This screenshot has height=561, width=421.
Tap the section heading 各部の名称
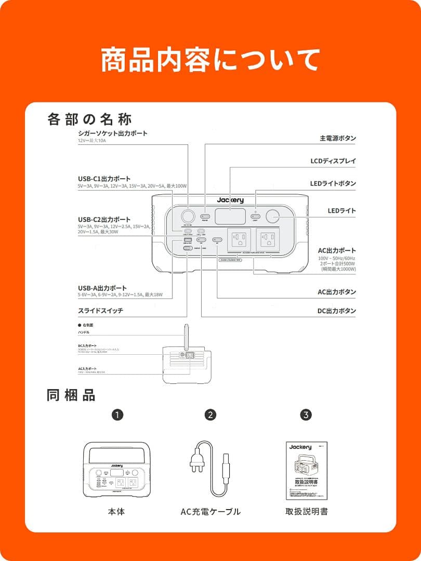[x=89, y=119]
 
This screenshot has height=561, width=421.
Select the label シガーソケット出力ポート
[x=113, y=133]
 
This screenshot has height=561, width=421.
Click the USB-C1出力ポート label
[x=104, y=179]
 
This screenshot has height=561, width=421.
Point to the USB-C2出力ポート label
[x=104, y=220]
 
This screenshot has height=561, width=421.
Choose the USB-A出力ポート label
[x=102, y=288]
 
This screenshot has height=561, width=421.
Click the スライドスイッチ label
[x=100, y=311]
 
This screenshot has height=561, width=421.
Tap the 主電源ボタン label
[x=337, y=139]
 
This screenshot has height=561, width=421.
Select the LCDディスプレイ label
[x=333, y=161]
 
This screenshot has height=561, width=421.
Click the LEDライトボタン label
[x=333, y=183]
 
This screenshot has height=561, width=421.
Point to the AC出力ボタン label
[x=337, y=292]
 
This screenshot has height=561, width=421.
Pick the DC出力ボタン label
[x=337, y=311]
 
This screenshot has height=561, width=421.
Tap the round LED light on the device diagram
[x=273, y=217]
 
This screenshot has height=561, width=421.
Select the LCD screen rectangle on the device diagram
[x=230, y=217]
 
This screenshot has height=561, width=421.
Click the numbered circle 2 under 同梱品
[x=210, y=415]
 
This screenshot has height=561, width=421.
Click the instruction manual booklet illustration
[x=307, y=471]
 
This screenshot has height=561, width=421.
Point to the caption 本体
[x=116, y=512]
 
